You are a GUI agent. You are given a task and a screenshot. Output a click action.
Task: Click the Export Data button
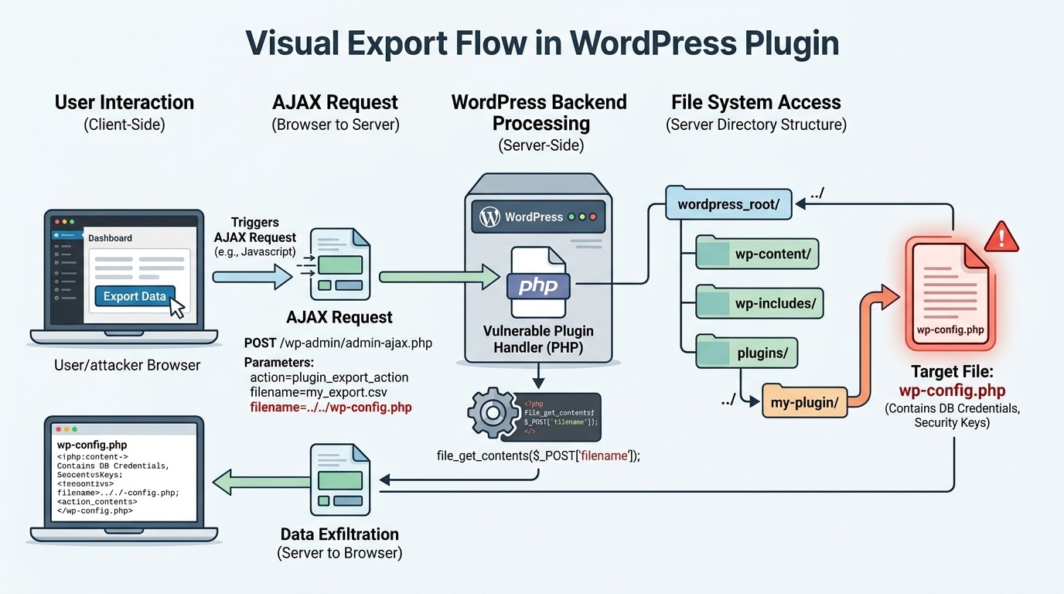tap(135, 296)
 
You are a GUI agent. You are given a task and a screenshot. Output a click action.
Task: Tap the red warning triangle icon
tap(1002, 235)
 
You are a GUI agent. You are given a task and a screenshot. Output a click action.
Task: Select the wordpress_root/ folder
tap(728, 205)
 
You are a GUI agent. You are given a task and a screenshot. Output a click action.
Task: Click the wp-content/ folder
tap(756, 254)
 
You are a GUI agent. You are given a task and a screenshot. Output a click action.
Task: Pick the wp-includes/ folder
tap(759, 302)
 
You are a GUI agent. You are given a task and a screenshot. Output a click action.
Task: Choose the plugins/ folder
tap(747, 352)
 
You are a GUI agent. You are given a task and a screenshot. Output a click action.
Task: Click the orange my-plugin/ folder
tap(804, 402)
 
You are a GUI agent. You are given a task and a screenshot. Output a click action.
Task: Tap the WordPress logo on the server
tap(489, 217)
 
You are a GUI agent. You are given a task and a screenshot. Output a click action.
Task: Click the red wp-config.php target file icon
tap(950, 295)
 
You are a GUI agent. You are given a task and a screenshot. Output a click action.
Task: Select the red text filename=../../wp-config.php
tap(331, 407)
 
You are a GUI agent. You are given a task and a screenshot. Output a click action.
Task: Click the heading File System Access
tap(755, 103)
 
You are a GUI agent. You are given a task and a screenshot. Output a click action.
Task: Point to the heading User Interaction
tap(124, 103)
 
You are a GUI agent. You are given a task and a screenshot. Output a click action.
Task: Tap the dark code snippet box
tap(561, 416)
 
